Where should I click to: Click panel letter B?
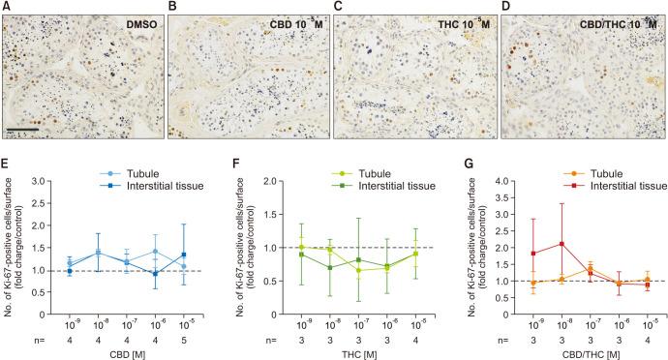pos(173,8)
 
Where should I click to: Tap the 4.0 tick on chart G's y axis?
pos(478,180)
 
